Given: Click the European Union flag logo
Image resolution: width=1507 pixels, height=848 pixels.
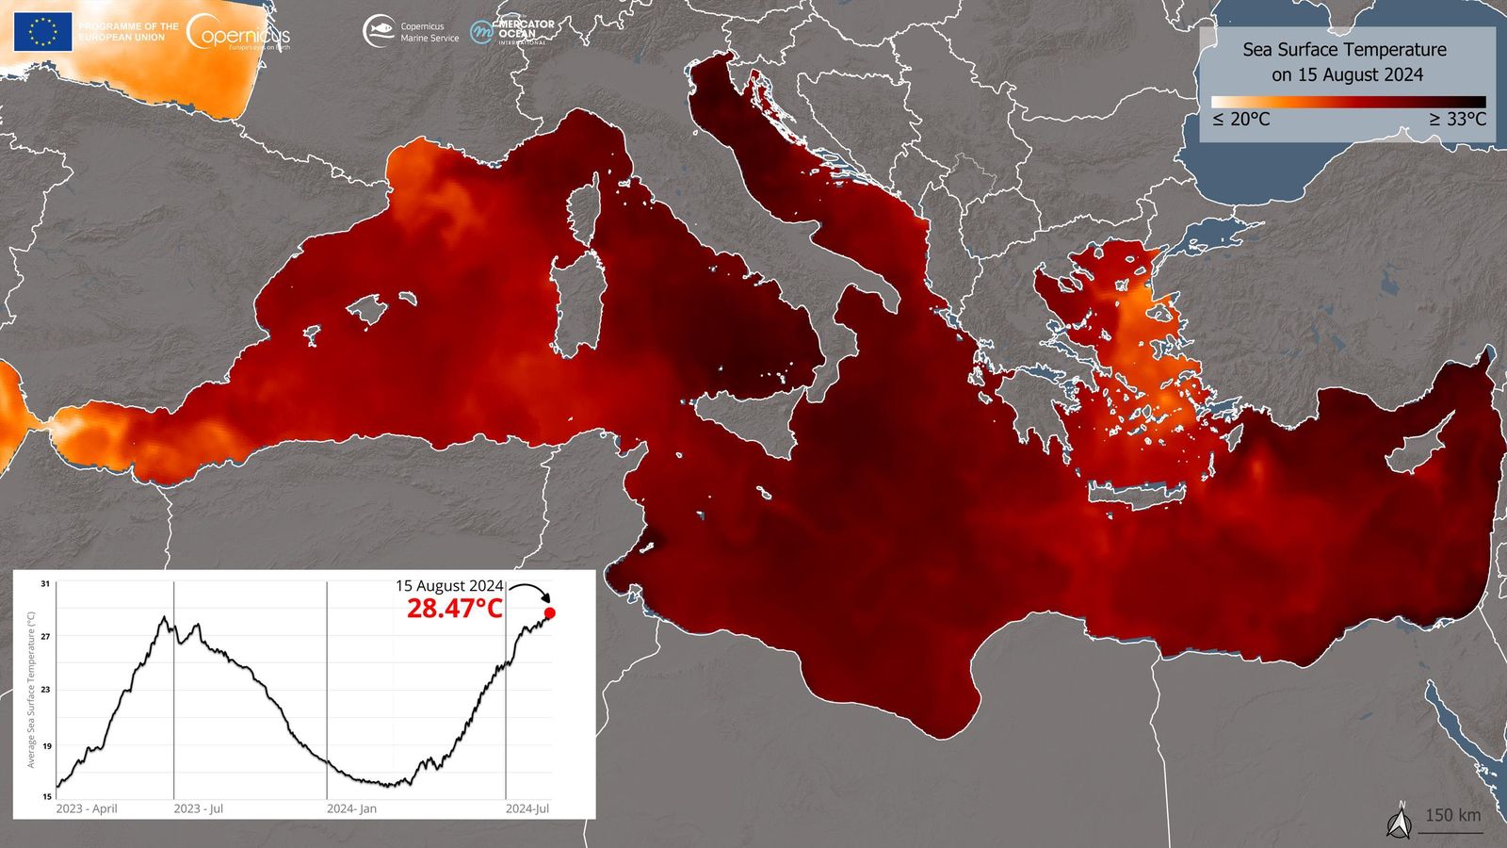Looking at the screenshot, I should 42,31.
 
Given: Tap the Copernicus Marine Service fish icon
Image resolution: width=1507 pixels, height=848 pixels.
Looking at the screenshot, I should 379,31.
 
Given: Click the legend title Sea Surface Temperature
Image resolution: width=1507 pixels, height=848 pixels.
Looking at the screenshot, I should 1344,50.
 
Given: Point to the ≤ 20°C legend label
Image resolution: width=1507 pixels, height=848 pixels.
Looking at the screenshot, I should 1240,120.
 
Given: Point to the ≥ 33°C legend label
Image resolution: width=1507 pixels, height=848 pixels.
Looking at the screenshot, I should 1457,120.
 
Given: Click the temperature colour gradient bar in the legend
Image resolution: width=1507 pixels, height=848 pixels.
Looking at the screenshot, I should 1348,102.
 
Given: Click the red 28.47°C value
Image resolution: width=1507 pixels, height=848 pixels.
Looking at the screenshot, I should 455,609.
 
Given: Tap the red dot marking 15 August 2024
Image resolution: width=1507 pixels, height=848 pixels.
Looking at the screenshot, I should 550,612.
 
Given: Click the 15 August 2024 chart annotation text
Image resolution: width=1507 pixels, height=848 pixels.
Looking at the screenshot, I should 449,586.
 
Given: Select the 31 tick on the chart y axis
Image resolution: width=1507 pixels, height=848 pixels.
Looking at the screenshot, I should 45,584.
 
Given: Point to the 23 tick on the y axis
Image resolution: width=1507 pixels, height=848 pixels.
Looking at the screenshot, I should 45,690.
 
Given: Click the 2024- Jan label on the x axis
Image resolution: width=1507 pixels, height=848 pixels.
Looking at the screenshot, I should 351,809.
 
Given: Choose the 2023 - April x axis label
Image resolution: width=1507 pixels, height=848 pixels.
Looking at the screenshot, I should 87,809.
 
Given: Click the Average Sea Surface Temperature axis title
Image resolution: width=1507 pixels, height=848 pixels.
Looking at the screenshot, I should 31,690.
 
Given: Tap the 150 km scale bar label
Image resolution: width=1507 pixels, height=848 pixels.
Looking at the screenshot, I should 1451,816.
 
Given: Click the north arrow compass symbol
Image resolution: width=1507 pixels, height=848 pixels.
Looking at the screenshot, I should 1400,823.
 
